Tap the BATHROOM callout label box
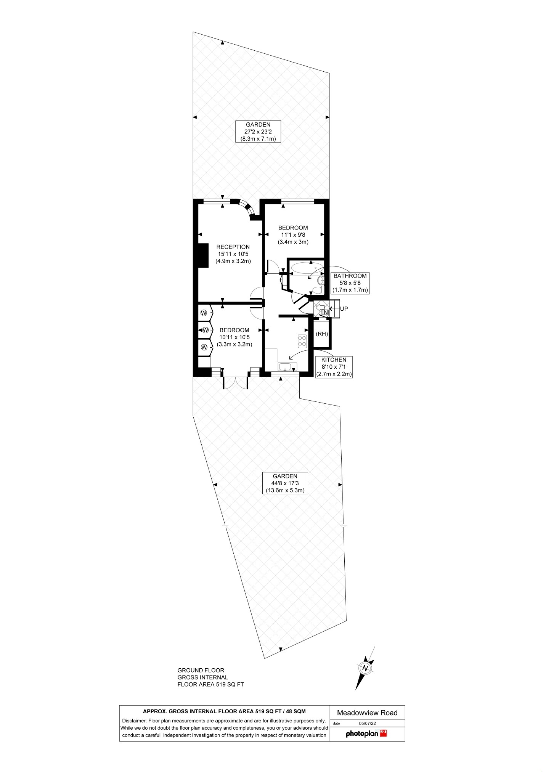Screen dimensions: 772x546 pos(350,283)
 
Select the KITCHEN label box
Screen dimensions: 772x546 pos(334,367)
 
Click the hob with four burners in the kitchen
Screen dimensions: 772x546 pos(302,340)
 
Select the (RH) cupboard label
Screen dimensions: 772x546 pos(322,334)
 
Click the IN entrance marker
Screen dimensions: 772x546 pos(324,313)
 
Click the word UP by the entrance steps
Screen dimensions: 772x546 pos(344,308)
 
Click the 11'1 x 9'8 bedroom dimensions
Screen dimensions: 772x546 pos(293,235)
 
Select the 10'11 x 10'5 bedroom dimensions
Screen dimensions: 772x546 pos(234,337)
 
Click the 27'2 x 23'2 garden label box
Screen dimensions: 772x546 pos(258,132)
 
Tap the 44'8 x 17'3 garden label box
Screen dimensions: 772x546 pos(285,483)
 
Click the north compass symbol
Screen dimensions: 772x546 pos(365,677)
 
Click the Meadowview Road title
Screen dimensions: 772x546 pos(367,713)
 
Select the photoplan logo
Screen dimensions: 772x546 pos(366,733)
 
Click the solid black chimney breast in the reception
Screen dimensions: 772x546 pos(202,255)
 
